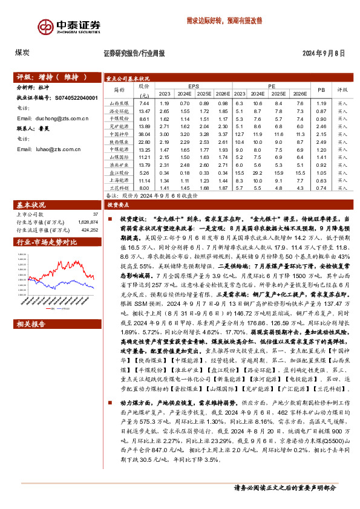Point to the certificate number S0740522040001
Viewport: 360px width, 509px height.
[x=80, y=97]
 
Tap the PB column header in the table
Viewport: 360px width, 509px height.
[x=321, y=90]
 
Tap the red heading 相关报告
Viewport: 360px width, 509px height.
[x=31, y=324]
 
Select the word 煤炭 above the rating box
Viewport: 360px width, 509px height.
[x=22, y=53]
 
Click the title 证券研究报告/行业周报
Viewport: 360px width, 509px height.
[x=134, y=53]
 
